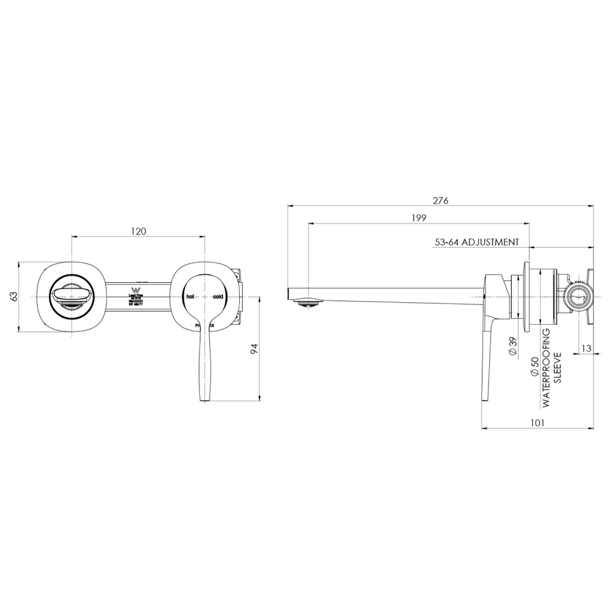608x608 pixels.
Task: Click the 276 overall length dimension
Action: tap(440, 200)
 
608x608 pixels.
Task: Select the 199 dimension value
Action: tap(419, 218)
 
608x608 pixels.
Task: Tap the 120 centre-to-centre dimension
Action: tap(138, 231)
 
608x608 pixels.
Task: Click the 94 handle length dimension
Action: tap(254, 349)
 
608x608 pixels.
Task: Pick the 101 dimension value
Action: tap(537, 423)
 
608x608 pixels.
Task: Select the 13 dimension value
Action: tap(586, 349)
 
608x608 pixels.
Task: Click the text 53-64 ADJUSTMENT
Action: tap(477, 242)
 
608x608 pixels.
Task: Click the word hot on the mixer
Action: tap(189, 296)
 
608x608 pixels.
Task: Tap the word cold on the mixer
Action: tap(217, 296)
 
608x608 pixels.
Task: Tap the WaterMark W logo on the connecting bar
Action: tap(133, 285)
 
